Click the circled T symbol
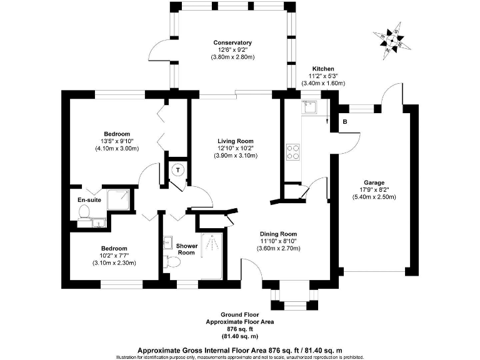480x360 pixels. (x=178, y=170)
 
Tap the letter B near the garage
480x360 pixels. (x=345, y=122)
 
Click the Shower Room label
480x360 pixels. (x=187, y=249)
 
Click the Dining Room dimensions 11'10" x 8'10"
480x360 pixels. (x=279, y=241)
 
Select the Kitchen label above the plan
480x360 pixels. (x=323, y=69)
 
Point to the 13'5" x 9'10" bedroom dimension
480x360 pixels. (x=116, y=141)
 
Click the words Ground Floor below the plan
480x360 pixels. (x=239, y=315)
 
